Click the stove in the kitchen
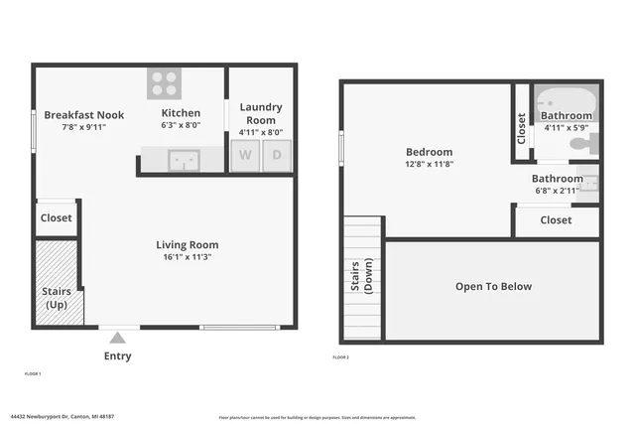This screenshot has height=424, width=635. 164,82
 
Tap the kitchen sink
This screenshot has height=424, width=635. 184,160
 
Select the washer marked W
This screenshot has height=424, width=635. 244,156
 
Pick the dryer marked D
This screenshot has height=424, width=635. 277,156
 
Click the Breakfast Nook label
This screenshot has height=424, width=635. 76,113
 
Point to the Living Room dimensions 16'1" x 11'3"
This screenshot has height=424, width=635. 187,257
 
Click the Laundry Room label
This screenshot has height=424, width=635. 261,113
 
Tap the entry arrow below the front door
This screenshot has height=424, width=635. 118,337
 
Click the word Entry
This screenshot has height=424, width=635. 118,355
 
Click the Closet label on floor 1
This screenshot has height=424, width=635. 56,217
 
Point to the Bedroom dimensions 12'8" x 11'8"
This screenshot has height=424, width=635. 429,164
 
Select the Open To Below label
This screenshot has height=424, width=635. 493,287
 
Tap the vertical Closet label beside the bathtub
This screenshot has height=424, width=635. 522,127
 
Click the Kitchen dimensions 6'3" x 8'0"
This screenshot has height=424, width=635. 181,126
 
